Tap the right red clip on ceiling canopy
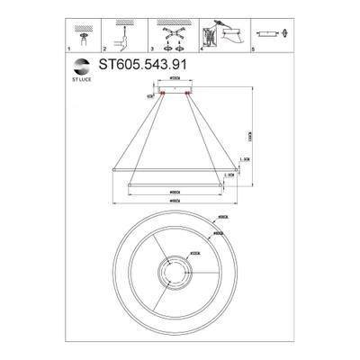[189, 91]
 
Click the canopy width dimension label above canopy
[175, 82]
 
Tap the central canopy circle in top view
[175, 272]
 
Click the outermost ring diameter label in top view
[221, 219]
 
